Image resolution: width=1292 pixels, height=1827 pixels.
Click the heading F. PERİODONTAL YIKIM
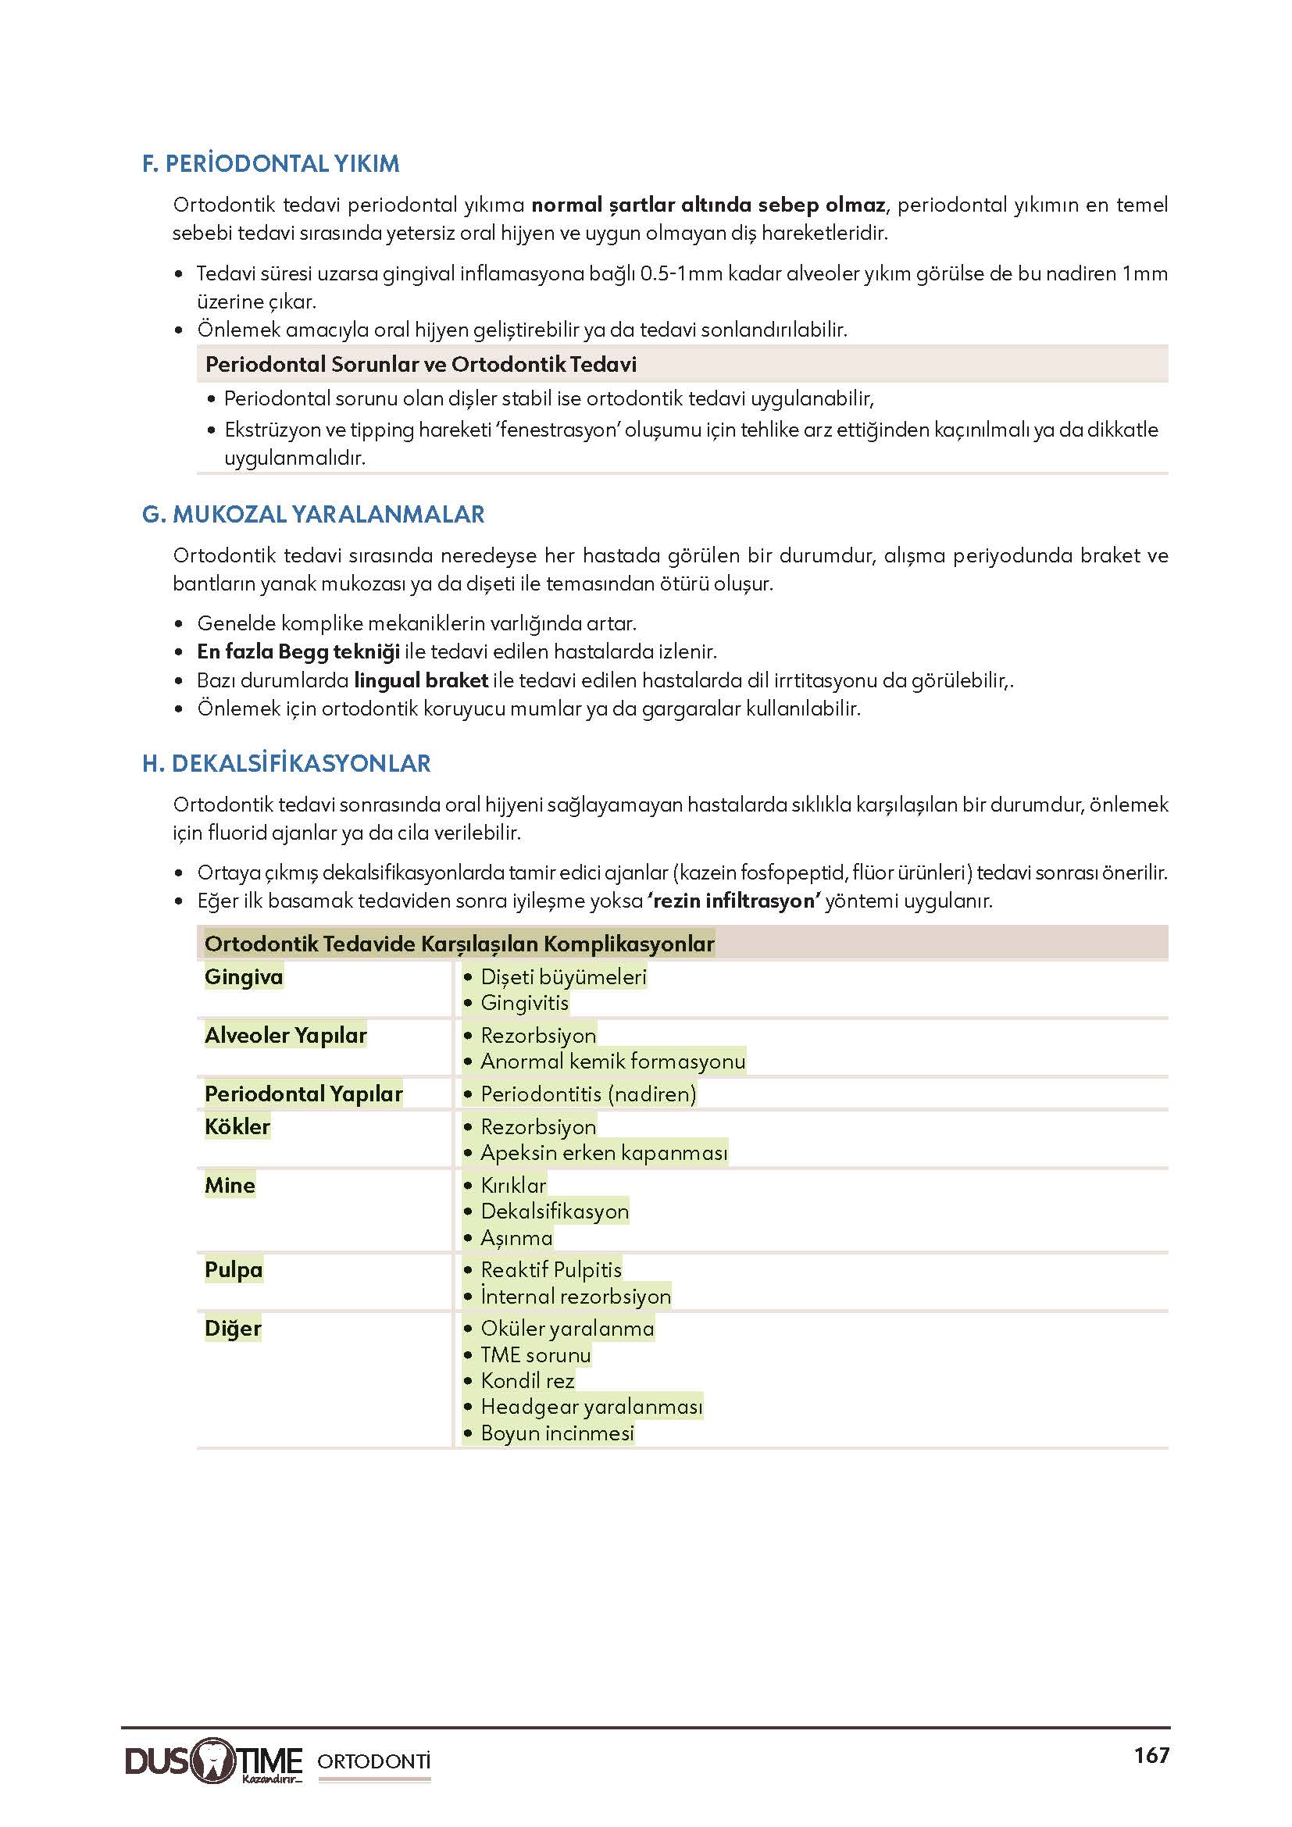click(x=270, y=164)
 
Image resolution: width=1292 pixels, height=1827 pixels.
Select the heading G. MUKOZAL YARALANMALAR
click(x=312, y=515)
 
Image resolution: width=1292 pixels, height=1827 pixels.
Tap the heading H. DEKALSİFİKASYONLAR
click(x=286, y=764)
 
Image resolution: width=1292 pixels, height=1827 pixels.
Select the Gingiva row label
click(x=244, y=976)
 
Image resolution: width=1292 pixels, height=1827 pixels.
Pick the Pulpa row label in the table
click(x=233, y=1269)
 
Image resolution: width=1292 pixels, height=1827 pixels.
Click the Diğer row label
click(x=232, y=1328)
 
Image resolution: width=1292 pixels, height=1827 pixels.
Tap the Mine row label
click(x=230, y=1185)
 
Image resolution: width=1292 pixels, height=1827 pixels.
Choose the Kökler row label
click(x=237, y=1127)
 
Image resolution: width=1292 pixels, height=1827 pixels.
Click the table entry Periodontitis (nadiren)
click(x=588, y=1094)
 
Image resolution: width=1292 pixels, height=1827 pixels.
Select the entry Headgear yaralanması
click(x=591, y=1407)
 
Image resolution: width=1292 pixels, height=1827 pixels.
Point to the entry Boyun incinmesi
click(x=557, y=1433)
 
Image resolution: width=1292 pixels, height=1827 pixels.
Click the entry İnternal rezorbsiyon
click(x=575, y=1297)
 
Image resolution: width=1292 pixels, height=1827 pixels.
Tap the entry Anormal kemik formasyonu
click(x=612, y=1062)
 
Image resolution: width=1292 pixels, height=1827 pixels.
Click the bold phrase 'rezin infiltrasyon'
click(x=735, y=901)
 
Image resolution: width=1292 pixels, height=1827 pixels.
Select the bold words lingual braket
click(x=421, y=680)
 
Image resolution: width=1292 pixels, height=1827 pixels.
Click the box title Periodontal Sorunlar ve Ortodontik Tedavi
click(x=421, y=365)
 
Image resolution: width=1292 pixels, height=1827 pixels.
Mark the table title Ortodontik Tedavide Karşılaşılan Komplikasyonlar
click(x=459, y=944)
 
